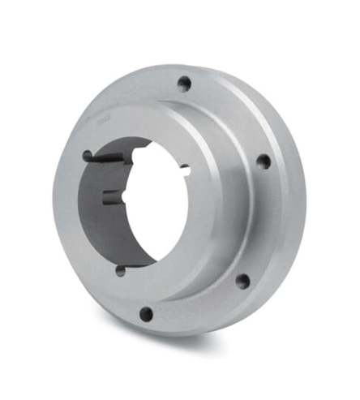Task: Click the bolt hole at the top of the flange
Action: pyautogui.click(x=185, y=83)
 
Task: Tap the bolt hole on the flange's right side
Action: pyautogui.click(x=263, y=161)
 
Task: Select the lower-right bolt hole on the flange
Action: pyautogui.click(x=242, y=282)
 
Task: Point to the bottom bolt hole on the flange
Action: pyautogui.click(x=146, y=312)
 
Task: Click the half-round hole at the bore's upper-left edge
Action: pyautogui.click(x=88, y=156)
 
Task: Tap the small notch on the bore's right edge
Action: pyautogui.click(x=186, y=170)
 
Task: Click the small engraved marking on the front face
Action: pyautogui.click(x=103, y=121)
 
